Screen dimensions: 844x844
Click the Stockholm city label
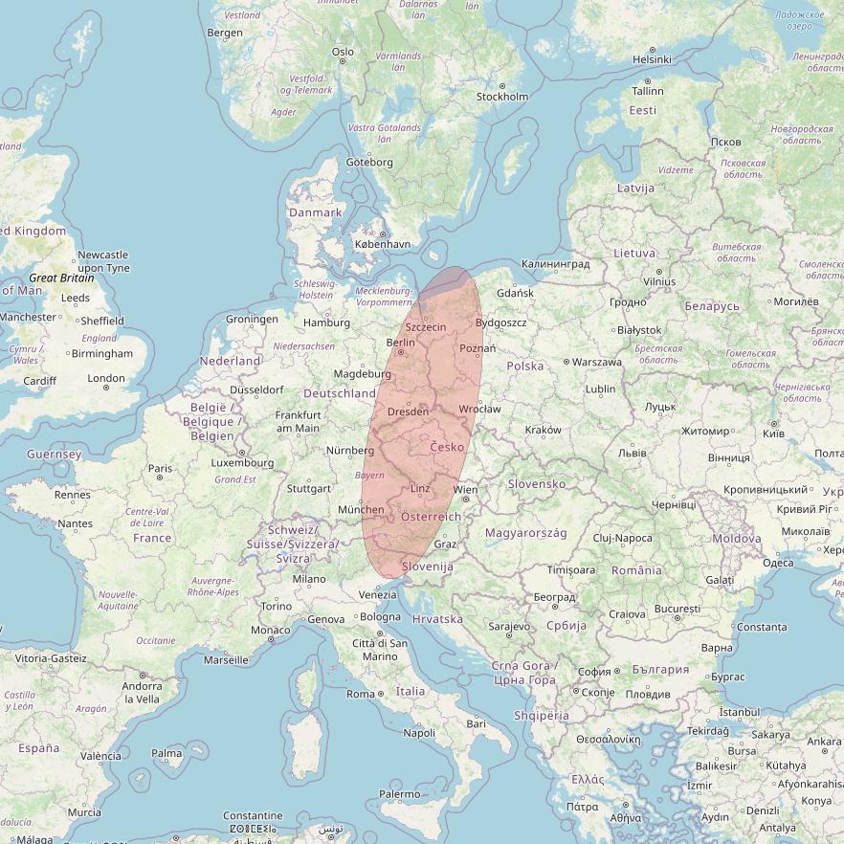(501, 97)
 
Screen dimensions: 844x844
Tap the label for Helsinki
(652, 59)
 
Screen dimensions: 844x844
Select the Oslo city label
(342, 53)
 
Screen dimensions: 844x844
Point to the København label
(382, 244)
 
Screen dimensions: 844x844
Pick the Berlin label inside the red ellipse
(400, 343)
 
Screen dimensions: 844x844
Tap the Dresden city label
(409, 412)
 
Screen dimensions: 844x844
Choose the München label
(361, 510)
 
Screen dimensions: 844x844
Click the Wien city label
(465, 490)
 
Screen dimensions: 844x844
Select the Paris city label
(160, 469)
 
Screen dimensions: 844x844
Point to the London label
(106, 378)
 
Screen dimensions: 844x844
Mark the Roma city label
(361, 694)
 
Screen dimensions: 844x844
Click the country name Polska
(524, 366)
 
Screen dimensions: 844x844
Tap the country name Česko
(447, 447)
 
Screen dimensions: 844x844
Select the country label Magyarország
(526, 533)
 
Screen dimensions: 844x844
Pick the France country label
(152, 538)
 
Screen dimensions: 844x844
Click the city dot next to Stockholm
(478, 96)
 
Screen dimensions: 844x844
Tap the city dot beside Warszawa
(566, 363)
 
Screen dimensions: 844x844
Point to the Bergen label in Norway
(225, 33)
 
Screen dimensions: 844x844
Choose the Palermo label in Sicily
(400, 794)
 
